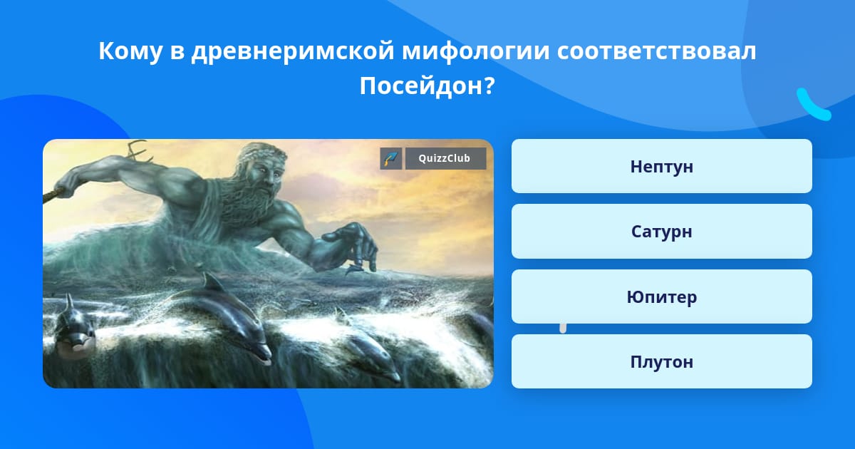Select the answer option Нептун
(661, 166)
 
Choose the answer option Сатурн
(661, 232)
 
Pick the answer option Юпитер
(661, 296)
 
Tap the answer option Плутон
(661, 361)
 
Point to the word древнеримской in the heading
(292, 51)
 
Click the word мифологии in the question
(476, 51)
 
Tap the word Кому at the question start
(130, 51)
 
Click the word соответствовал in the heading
(656, 51)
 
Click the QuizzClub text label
(445, 158)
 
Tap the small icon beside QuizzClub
(391, 158)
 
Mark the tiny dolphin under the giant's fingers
(354, 270)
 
